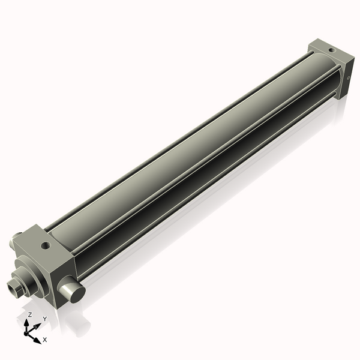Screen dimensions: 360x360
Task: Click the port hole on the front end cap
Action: point(45,245)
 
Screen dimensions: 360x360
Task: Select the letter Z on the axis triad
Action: point(29,314)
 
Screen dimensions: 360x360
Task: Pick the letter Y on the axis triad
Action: point(44,319)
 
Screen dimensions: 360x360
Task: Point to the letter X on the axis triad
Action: point(45,340)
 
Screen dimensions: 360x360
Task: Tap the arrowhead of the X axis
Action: point(38,338)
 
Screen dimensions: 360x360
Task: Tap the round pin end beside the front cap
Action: point(71,294)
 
